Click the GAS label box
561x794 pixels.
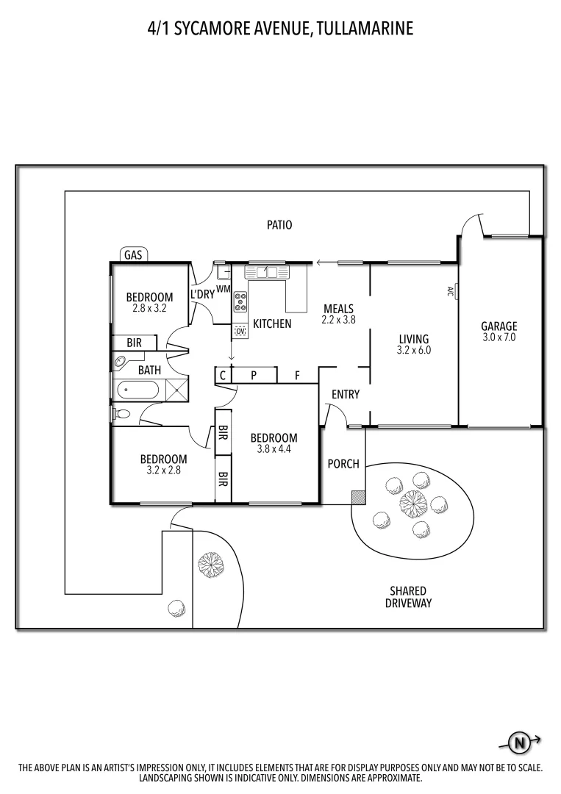click(133, 255)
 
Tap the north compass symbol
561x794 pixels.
click(520, 743)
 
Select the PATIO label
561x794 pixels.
click(279, 225)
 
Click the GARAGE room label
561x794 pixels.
click(499, 326)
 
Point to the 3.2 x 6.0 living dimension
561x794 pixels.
click(414, 351)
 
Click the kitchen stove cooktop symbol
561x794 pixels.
click(240, 302)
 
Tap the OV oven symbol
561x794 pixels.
click(240, 332)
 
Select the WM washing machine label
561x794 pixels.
click(224, 289)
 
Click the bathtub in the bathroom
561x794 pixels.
click(137, 389)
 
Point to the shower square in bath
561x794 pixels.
click(176, 390)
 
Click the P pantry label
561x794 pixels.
click(254, 375)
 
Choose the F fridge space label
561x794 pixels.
click(297, 375)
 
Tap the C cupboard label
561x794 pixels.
click(222, 375)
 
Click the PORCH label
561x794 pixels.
click(343, 464)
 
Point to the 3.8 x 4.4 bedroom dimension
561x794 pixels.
click(274, 449)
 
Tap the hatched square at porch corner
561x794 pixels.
click(358, 497)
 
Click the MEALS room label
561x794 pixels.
click(338, 309)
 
